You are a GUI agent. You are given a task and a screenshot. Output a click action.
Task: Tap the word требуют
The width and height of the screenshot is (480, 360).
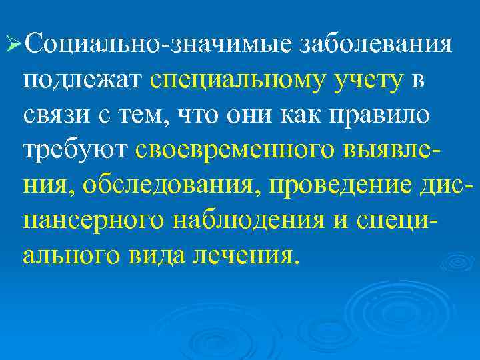74,151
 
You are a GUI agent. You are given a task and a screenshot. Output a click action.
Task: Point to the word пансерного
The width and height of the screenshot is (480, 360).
90,220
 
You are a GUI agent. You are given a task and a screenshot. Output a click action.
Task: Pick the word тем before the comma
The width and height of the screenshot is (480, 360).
147,116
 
